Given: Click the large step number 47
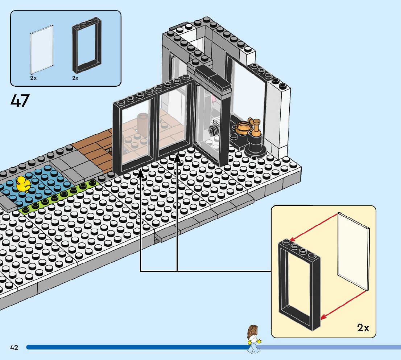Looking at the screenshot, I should point(20,101).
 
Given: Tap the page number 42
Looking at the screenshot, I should point(14,348).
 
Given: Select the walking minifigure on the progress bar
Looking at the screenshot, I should point(253,339).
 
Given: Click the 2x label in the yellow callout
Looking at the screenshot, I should point(363,328).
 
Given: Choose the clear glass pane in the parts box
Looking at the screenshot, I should point(41,49).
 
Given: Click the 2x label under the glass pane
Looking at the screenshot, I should point(33,78).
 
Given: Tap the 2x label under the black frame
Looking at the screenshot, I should point(75,78).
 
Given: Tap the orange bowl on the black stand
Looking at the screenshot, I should point(244,127).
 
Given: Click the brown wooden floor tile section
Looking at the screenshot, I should point(95,149).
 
